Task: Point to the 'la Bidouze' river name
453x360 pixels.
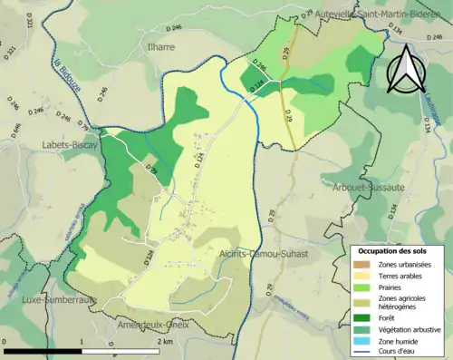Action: pyautogui.click(x=68, y=73)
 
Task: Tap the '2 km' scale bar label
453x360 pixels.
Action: pyautogui.click(x=165, y=342)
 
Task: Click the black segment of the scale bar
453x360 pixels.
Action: pyautogui.click(x=43, y=351)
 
